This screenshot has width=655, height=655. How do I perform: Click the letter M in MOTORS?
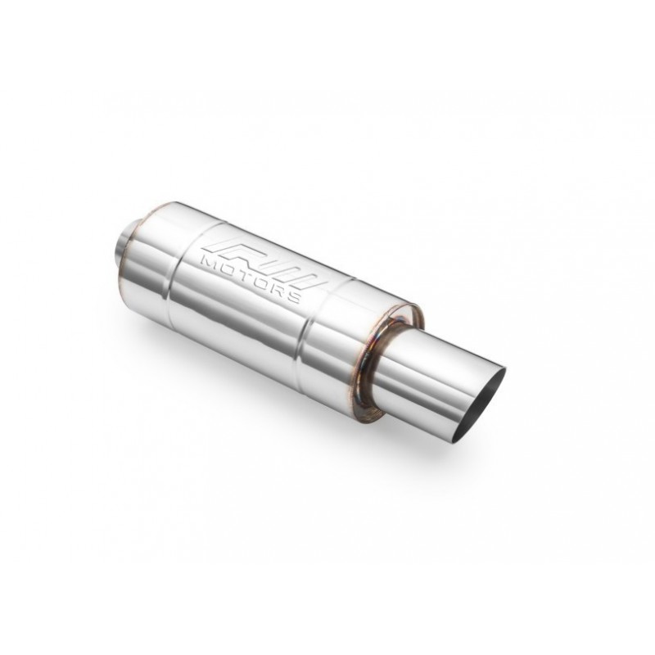(x=211, y=261)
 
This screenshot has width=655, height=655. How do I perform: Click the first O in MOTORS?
(x=229, y=268)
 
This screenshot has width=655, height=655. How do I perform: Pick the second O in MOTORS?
(x=261, y=282)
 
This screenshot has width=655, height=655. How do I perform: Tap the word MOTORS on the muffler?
(x=251, y=278)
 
